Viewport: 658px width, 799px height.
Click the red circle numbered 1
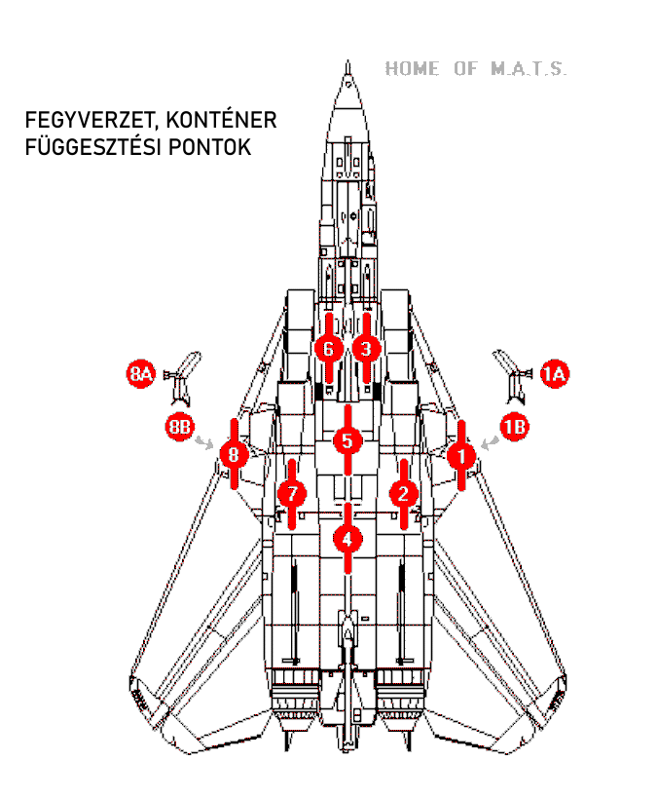pyautogui.click(x=461, y=454)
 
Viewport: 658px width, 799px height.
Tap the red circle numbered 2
pyautogui.click(x=404, y=493)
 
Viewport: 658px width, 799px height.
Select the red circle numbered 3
pyautogui.click(x=366, y=348)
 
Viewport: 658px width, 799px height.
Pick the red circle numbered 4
pyautogui.click(x=347, y=537)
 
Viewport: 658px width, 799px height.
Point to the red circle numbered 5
pyautogui.click(x=347, y=440)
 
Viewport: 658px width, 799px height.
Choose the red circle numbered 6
pyautogui.click(x=329, y=348)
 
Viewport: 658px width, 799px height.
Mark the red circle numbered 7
pyautogui.click(x=291, y=493)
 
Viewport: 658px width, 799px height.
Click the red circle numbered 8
pyautogui.click(x=233, y=454)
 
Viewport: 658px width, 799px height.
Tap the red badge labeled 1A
pyautogui.click(x=556, y=373)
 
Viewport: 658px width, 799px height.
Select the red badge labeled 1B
pyautogui.click(x=515, y=427)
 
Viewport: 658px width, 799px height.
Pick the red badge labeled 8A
pyautogui.click(x=141, y=373)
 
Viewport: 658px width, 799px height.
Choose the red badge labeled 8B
pyautogui.click(x=179, y=427)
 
